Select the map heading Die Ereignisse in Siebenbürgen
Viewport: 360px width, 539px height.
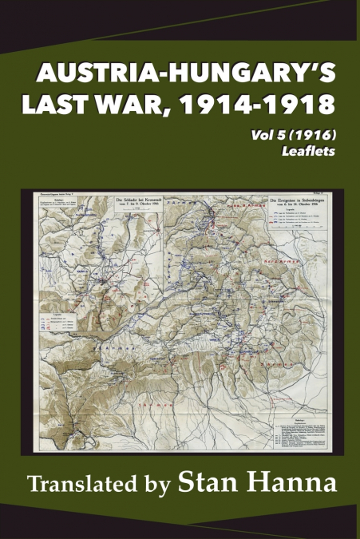tap(283, 197)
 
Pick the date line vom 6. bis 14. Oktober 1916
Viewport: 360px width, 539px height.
tap(283, 203)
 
